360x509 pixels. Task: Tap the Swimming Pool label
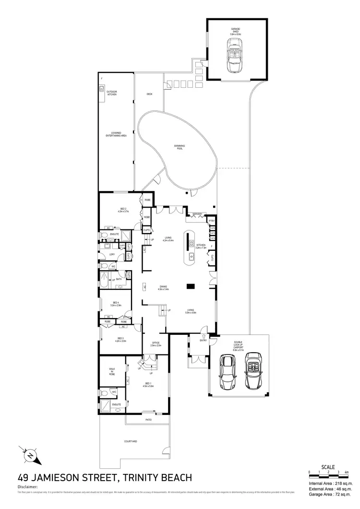[180, 147]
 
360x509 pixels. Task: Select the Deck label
[149, 94]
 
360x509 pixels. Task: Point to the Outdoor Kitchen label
[112, 93]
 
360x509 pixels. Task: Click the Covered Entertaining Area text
[116, 134]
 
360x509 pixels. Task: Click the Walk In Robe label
[111, 370]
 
